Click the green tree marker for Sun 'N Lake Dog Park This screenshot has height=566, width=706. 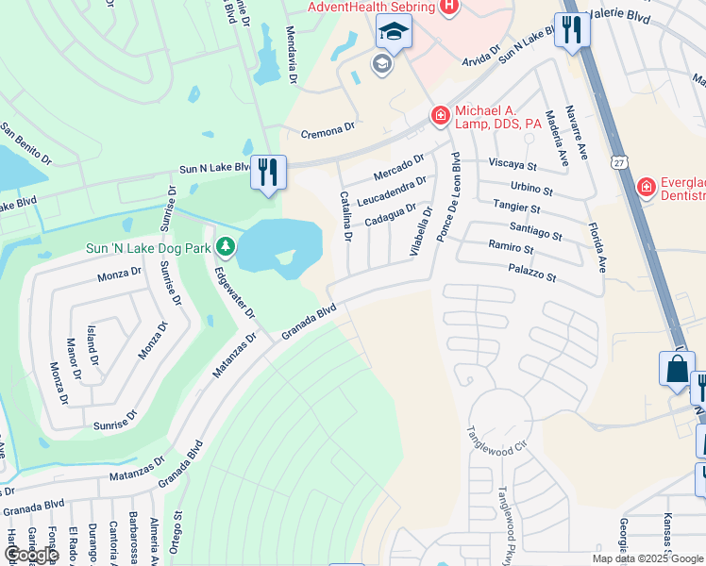(225, 248)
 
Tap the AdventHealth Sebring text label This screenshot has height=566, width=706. (371, 8)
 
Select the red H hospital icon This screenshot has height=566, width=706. (449, 7)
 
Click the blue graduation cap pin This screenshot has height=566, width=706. (392, 33)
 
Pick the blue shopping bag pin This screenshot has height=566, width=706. (677, 370)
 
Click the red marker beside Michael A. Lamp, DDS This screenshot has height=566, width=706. (439, 116)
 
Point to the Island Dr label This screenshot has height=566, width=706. (92, 346)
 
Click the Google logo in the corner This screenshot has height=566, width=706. (30, 555)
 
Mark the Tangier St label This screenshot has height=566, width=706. (516, 207)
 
